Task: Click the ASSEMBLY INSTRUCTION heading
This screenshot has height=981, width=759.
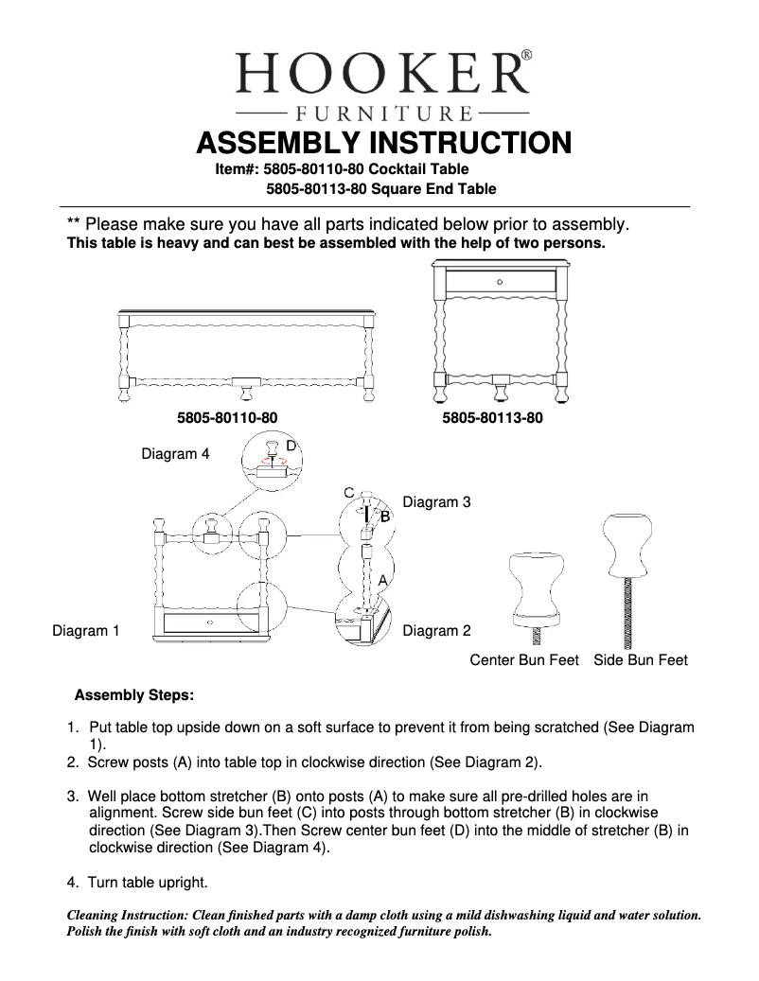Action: (382, 143)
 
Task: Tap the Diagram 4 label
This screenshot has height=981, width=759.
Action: (175, 454)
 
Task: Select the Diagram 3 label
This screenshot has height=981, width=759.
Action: (436, 502)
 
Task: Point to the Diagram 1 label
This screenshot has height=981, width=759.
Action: (85, 631)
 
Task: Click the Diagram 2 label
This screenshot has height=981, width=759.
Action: (436, 631)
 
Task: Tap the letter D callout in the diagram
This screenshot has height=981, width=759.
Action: (291, 445)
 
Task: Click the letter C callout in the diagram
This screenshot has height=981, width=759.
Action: (348, 493)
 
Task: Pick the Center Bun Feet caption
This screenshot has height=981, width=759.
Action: (524, 660)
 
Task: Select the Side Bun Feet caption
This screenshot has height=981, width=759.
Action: (641, 660)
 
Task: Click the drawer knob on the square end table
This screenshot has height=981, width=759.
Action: (500, 282)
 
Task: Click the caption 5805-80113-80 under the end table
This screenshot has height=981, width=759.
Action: (492, 416)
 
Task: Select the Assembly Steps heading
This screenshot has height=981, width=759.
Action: (134, 695)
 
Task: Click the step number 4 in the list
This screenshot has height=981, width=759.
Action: (72, 883)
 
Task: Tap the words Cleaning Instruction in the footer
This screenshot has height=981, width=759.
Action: (127, 916)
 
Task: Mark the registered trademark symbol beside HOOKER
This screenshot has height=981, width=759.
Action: (526, 56)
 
